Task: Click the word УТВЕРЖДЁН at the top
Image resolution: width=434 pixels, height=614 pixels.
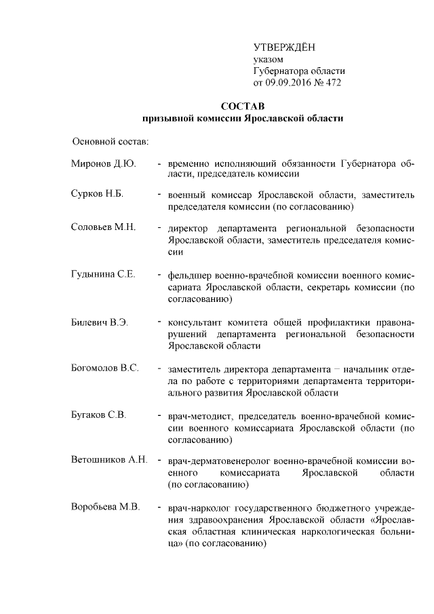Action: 284,47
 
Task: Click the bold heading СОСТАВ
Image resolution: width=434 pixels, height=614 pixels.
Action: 242,107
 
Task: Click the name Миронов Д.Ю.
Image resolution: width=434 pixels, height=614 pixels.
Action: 104,164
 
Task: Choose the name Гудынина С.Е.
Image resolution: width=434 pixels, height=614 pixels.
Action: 104,274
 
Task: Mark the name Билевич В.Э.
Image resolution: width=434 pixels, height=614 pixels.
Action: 100,322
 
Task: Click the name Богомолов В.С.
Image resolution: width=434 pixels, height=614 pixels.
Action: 105,368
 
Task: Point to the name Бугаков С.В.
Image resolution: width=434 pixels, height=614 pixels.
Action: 98,415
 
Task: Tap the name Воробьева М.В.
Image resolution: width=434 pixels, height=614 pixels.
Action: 105,507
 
